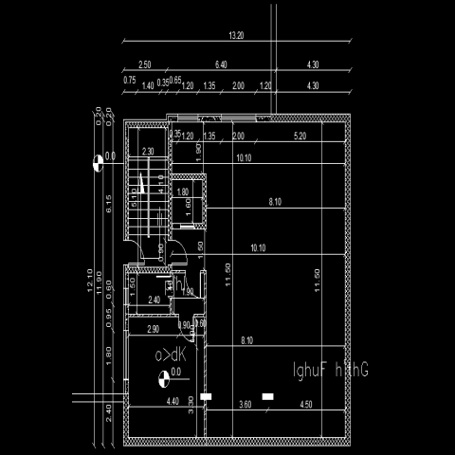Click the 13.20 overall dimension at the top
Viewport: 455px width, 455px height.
237,35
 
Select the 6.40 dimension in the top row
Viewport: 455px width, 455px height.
221,64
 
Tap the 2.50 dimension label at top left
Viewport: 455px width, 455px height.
144,64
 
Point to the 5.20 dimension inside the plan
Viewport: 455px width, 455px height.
300,136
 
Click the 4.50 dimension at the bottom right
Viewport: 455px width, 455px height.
305,404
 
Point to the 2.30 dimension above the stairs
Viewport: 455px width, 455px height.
148,152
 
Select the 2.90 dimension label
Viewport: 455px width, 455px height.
153,328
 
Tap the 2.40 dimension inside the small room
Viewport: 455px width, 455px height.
155,300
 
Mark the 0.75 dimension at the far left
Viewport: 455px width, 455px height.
129,81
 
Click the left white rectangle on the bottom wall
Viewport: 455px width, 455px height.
209,395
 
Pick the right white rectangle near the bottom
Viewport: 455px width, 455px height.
268,395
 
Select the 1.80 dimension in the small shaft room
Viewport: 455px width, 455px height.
184,191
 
